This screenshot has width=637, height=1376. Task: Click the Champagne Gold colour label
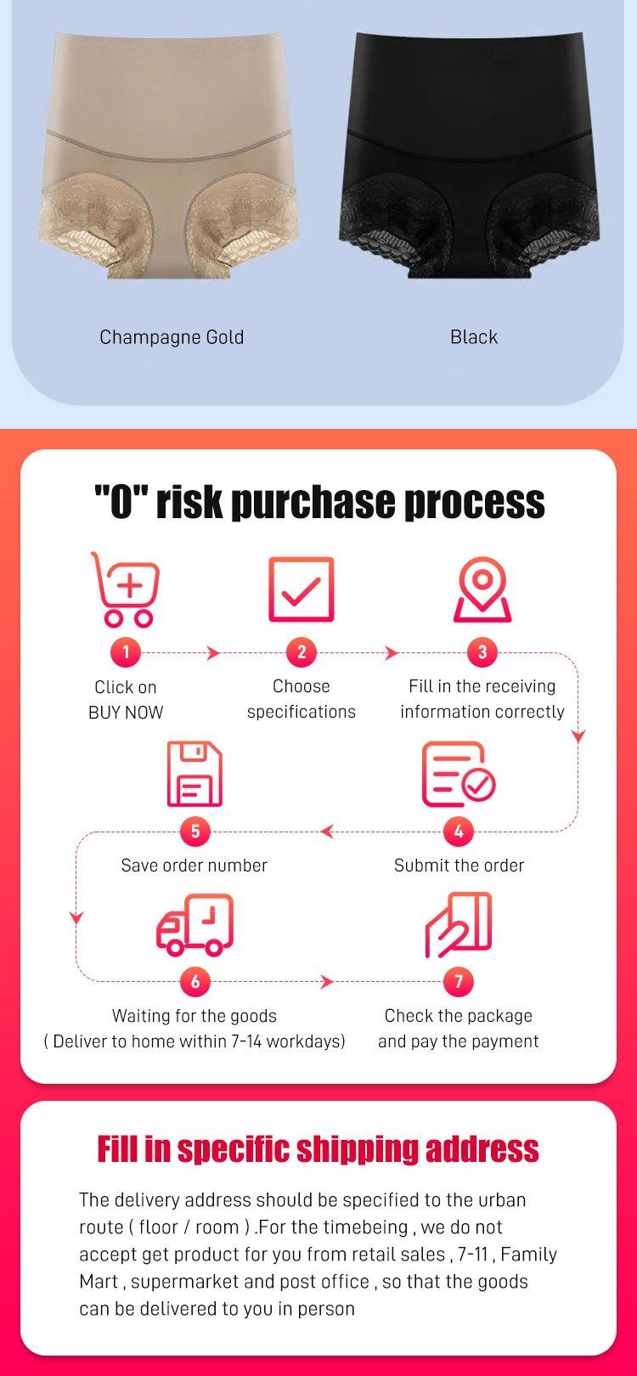(x=172, y=337)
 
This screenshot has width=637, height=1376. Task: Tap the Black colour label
(x=474, y=337)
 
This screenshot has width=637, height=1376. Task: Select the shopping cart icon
(x=127, y=589)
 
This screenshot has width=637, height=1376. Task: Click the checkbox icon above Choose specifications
(x=302, y=589)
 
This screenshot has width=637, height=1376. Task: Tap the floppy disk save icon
(x=194, y=774)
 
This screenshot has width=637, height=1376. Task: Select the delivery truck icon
(x=194, y=925)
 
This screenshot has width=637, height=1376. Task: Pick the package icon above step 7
(x=459, y=925)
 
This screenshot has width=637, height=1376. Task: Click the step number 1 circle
(x=126, y=652)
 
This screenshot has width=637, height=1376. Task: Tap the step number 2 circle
(x=302, y=652)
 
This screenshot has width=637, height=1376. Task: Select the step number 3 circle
(x=482, y=652)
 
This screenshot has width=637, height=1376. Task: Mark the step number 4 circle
(x=459, y=832)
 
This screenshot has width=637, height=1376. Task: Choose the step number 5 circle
(x=195, y=832)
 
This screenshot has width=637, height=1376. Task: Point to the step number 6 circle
(x=195, y=982)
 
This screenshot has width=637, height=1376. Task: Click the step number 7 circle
(x=459, y=982)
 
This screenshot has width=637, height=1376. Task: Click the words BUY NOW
(x=126, y=713)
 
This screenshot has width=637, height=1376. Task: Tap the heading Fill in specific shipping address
(x=318, y=1149)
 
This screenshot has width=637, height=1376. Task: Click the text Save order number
(x=194, y=866)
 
